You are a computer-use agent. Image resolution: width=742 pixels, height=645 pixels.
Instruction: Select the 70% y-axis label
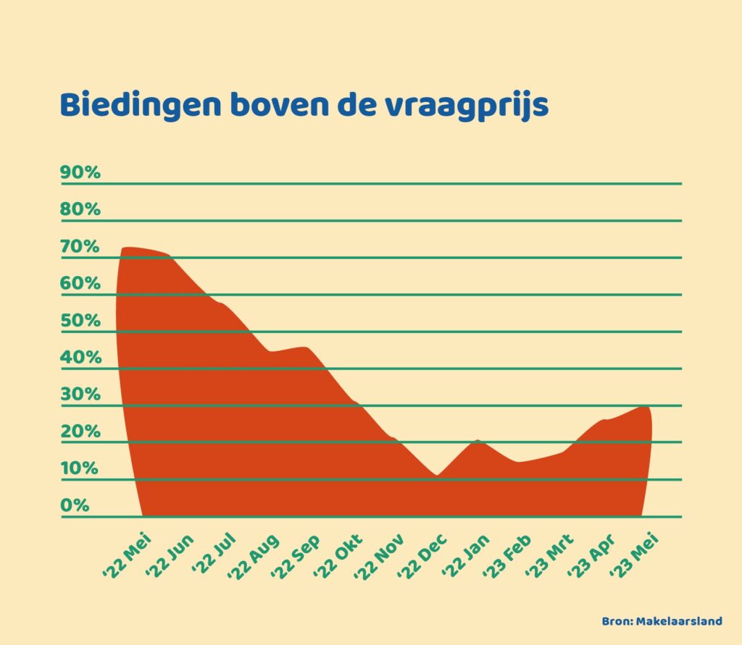tap(80, 246)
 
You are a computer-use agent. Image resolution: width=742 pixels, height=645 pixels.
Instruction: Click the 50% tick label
tap(80, 321)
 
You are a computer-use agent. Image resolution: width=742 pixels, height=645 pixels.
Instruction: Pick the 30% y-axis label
tap(80, 395)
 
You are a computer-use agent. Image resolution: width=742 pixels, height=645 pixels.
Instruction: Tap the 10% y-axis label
tap(80, 468)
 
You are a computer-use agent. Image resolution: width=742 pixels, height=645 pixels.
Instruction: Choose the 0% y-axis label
tap(75, 505)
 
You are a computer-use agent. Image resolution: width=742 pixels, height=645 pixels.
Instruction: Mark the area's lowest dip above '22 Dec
tap(436, 476)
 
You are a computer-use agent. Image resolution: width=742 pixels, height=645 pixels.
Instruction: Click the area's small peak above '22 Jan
tap(478, 441)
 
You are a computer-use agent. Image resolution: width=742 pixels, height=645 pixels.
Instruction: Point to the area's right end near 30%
tap(646, 408)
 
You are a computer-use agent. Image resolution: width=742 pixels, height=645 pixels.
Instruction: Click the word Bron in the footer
tap(616, 621)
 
